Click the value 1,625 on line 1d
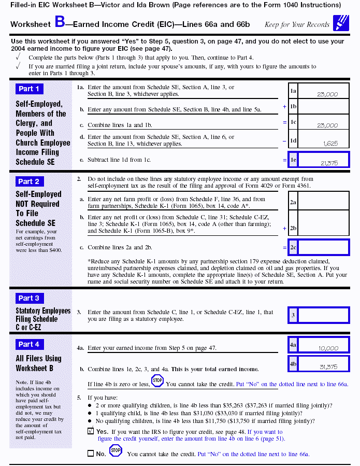[330, 143]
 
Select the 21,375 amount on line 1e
[329, 163]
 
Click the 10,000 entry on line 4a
[328, 348]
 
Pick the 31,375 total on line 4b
[328, 366]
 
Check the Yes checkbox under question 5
[91, 431]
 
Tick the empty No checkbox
[91, 454]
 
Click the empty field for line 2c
[323, 247]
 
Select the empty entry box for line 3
[323, 315]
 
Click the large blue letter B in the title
[60, 23]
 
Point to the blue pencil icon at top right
[341, 23]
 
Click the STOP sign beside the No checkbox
[116, 451]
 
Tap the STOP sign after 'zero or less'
[157, 382]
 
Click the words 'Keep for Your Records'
[297, 24]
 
